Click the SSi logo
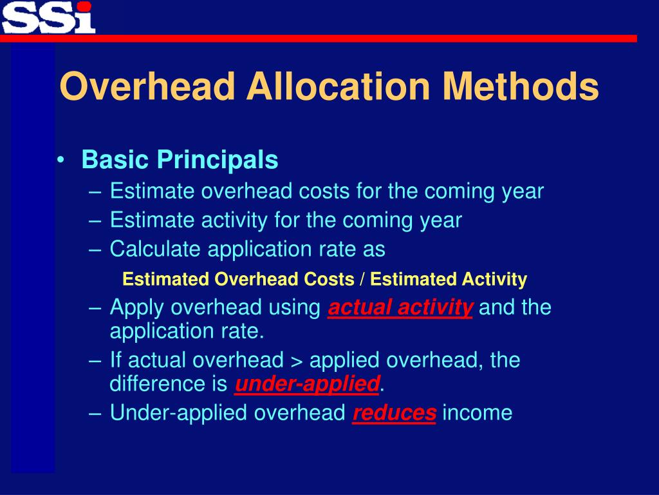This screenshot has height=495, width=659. [48, 17]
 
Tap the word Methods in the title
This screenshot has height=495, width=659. [521, 87]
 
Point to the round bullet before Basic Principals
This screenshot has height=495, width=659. [60, 160]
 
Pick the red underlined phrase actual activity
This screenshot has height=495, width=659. [400, 308]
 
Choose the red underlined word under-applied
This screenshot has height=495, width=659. [307, 384]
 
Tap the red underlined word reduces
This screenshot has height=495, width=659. [394, 413]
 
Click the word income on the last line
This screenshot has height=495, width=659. [478, 413]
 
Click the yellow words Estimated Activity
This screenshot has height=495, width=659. [449, 280]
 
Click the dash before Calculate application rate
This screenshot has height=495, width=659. [95, 248]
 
